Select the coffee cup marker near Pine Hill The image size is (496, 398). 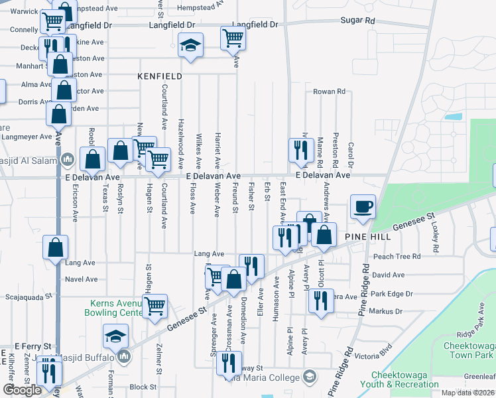click(x=363, y=207)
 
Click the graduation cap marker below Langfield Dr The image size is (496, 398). click(x=190, y=46)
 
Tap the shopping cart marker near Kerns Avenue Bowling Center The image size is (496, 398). click(x=155, y=306)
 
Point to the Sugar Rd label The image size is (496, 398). click(x=357, y=21)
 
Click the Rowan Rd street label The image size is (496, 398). click(x=330, y=92)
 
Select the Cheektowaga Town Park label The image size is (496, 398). click(x=468, y=350)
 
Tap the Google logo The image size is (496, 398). click(x=23, y=390)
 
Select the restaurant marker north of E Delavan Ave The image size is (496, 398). click(x=300, y=151)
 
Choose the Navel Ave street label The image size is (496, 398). click(x=81, y=279)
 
